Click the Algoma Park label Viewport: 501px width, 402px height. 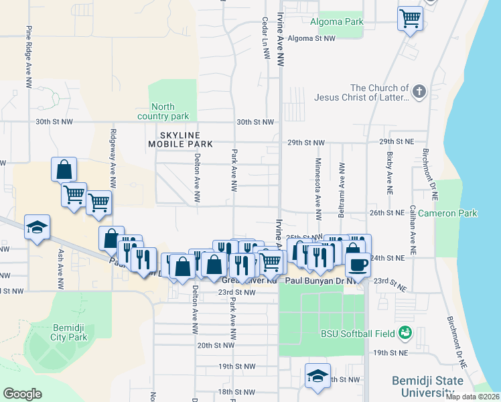pyautogui.click(x=336, y=22)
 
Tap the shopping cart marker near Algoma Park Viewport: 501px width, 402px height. pyautogui.click(x=410, y=18)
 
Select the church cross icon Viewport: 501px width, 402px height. pyautogui.click(x=419, y=92)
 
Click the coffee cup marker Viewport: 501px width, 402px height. pyautogui.click(x=358, y=264)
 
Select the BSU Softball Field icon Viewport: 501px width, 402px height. pyautogui.click(x=405, y=332)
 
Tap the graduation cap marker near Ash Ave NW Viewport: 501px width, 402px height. pyautogui.click(x=38, y=227)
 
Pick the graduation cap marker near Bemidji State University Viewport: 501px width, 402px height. pyautogui.click(x=317, y=375)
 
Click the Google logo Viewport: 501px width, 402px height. pyautogui.click(x=22, y=394)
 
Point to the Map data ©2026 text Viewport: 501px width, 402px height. pyautogui.click(x=472, y=397)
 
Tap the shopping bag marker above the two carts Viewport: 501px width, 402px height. pyautogui.click(x=64, y=169)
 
